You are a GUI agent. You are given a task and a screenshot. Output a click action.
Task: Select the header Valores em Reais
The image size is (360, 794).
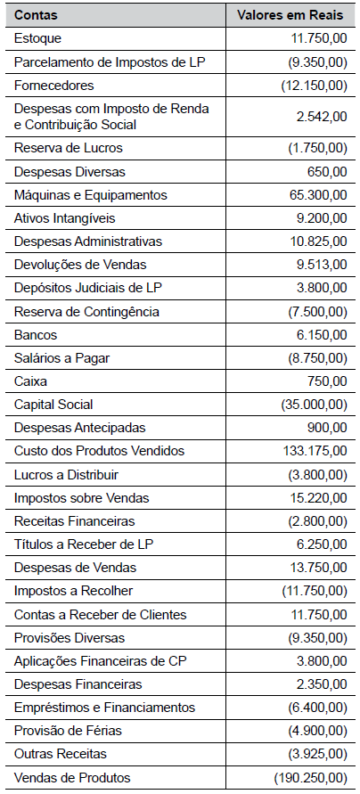[x=290, y=16]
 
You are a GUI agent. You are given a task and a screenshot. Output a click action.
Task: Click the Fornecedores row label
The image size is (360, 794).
[x=53, y=86]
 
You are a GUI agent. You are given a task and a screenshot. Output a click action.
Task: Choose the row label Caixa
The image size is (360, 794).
[x=29, y=381]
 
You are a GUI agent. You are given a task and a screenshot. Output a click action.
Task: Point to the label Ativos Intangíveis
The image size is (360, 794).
[x=65, y=217]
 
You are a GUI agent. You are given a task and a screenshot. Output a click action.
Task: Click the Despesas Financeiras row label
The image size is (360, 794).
[x=78, y=684]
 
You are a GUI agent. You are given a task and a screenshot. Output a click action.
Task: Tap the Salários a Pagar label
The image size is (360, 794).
[x=61, y=358]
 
